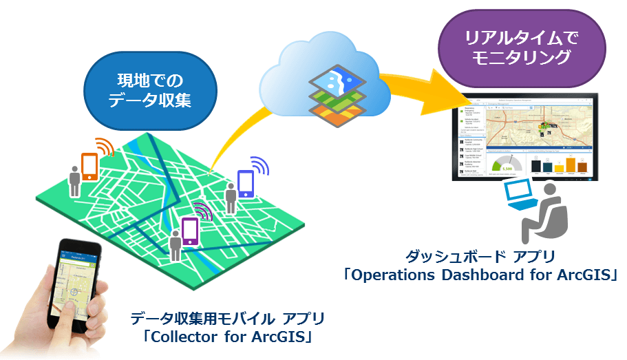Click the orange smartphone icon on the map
(x=89, y=166)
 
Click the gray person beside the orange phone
(x=74, y=180)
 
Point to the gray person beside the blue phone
(x=231, y=199)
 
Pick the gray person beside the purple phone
(x=176, y=244)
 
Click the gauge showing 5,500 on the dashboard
(x=507, y=166)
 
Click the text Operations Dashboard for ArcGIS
(x=481, y=275)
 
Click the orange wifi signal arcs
(x=105, y=147)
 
